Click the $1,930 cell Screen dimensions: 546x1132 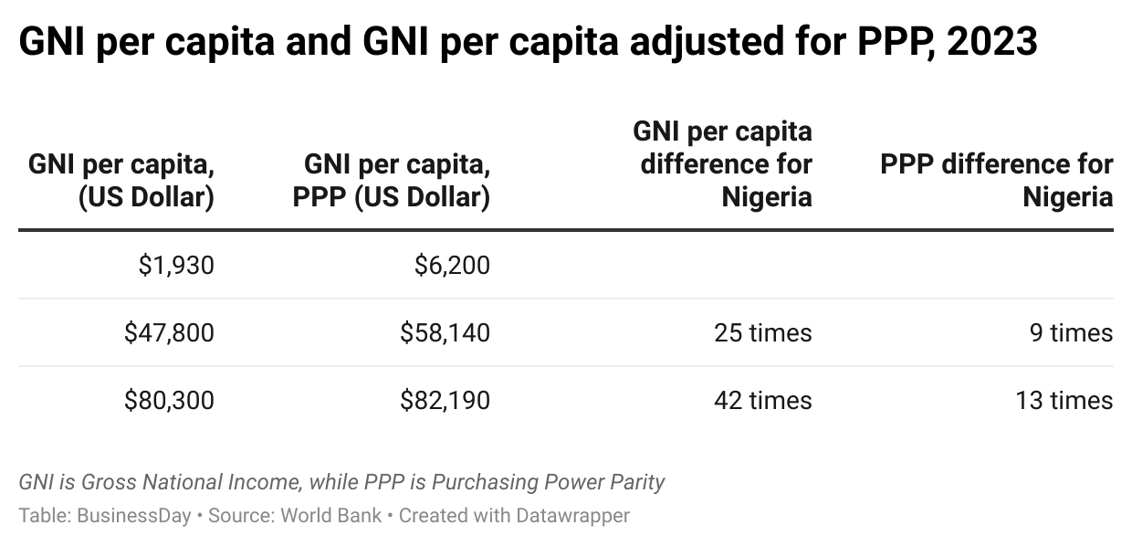pyautogui.click(x=176, y=265)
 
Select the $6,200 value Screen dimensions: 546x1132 pyautogui.click(x=452, y=265)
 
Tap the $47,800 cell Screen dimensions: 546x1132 pyautogui.click(x=169, y=332)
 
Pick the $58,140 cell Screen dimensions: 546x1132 pyautogui.click(x=445, y=332)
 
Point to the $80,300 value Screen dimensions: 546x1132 pyautogui.click(x=169, y=400)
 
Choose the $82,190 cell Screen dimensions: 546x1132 pyautogui.click(x=445, y=400)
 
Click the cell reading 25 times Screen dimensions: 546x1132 pyautogui.click(x=763, y=332)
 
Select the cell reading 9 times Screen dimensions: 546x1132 pyautogui.click(x=1073, y=332)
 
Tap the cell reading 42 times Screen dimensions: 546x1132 pyautogui.click(x=763, y=400)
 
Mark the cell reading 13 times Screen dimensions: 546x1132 pyautogui.click(x=1064, y=400)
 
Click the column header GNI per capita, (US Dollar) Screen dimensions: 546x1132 pyautogui.click(x=121, y=181)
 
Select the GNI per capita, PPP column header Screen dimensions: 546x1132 pyautogui.click(x=392, y=181)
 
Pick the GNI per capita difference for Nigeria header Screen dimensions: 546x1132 pyautogui.click(x=723, y=164)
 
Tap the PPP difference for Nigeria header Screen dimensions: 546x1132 pyautogui.click(x=997, y=181)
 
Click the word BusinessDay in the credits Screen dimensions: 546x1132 pyautogui.click(x=134, y=515)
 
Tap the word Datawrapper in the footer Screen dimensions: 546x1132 pyautogui.click(x=571, y=515)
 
